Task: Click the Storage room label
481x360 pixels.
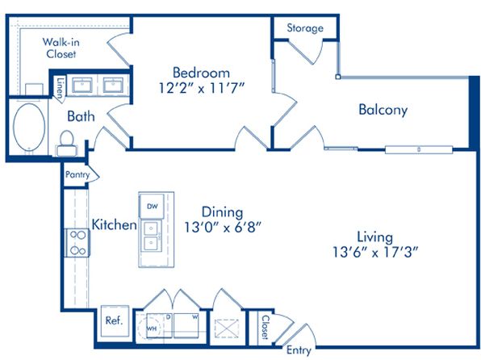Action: click(305, 28)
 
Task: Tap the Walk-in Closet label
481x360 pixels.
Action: click(61, 48)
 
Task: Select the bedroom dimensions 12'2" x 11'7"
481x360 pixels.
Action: click(202, 89)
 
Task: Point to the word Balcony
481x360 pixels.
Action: click(383, 110)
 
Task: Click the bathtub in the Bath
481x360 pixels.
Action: click(29, 127)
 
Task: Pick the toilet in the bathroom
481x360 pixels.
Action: click(66, 144)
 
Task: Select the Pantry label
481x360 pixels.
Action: click(77, 174)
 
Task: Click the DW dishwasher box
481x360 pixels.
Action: click(152, 206)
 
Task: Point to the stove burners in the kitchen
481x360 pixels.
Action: click(77, 243)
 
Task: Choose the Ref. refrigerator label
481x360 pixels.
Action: click(114, 320)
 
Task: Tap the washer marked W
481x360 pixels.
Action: click(186, 325)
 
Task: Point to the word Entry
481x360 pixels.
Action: click(299, 350)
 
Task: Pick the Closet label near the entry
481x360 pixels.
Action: click(265, 328)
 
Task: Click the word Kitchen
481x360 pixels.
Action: click(114, 224)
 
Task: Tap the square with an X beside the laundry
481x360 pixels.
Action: click(227, 329)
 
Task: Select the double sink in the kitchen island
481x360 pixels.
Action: click(152, 236)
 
